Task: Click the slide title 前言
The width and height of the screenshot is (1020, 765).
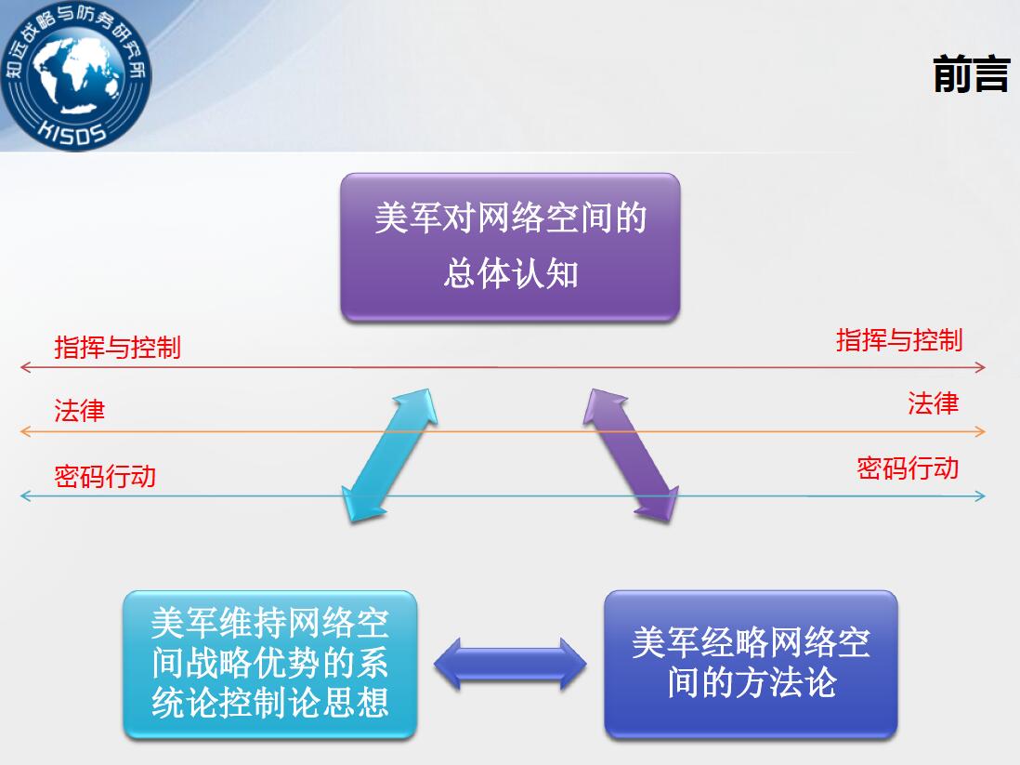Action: pyautogui.click(x=971, y=73)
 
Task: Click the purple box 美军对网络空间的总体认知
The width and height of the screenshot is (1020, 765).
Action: pyautogui.click(x=510, y=246)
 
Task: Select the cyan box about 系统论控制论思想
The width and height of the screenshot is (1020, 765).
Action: pyautogui.click(x=270, y=664)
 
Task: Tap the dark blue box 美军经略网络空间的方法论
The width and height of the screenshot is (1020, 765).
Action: pyautogui.click(x=751, y=664)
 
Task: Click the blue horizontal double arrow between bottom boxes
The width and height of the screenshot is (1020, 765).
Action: pyautogui.click(x=510, y=664)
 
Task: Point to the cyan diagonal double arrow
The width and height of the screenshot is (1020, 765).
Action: pyautogui.click(x=390, y=455)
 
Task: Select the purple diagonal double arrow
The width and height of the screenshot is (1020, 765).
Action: pyautogui.click(x=631, y=455)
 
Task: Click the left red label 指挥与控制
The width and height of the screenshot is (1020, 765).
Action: pyautogui.click(x=117, y=347)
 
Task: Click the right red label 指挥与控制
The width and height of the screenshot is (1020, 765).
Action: pyautogui.click(x=899, y=340)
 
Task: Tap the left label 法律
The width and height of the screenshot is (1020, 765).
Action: pyautogui.click(x=79, y=411)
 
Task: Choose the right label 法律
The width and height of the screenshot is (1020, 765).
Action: pyautogui.click(x=934, y=403)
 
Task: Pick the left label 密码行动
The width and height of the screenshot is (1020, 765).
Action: pyautogui.click(x=105, y=476)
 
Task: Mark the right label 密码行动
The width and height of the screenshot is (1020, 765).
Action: pyautogui.click(x=908, y=468)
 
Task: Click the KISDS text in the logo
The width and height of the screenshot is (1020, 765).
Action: pyautogui.click(x=72, y=131)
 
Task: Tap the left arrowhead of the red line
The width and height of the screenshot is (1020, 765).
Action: pyautogui.click(x=26, y=367)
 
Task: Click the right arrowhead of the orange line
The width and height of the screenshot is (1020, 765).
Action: pyautogui.click(x=980, y=431)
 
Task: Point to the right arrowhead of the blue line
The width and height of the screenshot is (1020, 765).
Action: pyautogui.click(x=980, y=496)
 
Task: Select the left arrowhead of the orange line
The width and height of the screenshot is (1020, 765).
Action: pyautogui.click(x=26, y=431)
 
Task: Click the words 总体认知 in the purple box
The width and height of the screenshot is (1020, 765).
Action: pyautogui.click(x=511, y=273)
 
